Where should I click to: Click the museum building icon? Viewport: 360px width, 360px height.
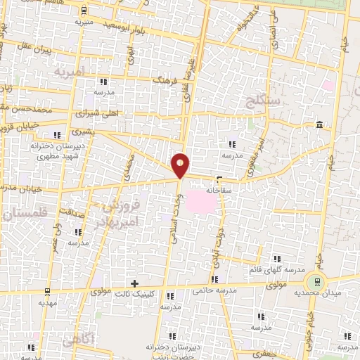tap(320, 126)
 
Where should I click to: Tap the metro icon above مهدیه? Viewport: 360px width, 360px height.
tap(46, 291)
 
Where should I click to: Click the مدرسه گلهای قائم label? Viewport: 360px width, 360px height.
tap(275, 271)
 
